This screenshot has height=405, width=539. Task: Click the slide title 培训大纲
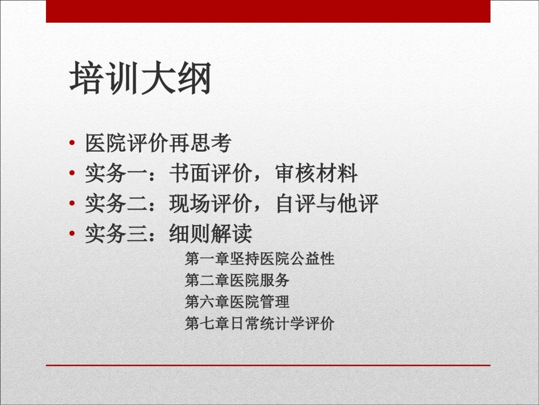pos(140,78)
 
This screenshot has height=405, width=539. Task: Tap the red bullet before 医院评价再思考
pos(72,143)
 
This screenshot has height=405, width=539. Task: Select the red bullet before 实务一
pos(72,173)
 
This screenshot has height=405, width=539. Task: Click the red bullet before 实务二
pos(72,203)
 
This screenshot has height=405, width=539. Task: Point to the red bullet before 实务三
pos(72,233)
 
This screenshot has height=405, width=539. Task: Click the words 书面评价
pos(210,173)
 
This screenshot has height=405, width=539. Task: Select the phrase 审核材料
pos(317,173)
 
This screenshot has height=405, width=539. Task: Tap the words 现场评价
pos(210,203)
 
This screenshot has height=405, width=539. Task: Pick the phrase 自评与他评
pos(327,203)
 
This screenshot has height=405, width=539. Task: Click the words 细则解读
pos(210,233)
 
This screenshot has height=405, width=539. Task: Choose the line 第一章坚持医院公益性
pos(259,258)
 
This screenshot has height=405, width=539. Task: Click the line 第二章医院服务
pos(237,280)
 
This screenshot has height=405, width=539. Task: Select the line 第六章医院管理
pos(237,302)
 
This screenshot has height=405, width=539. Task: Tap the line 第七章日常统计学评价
pos(259,323)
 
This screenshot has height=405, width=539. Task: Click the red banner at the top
pos(268,11)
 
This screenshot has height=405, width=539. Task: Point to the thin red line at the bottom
pos(268,365)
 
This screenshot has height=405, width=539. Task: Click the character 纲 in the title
pos(194,78)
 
